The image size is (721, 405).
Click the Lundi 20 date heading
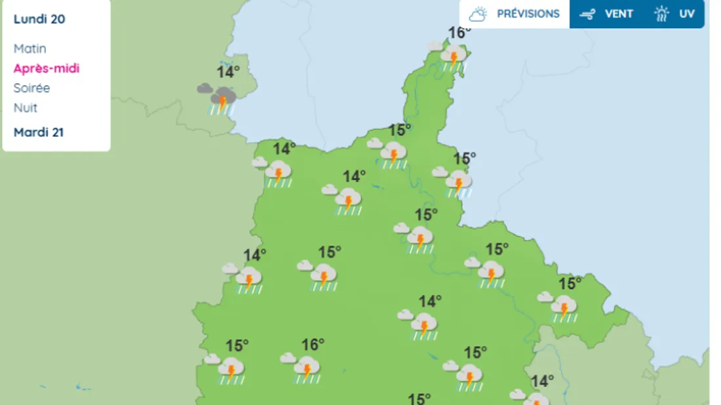click(39, 19)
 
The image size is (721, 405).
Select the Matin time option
click(30, 48)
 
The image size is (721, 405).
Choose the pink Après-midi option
click(47, 68)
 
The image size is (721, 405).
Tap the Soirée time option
click(31, 88)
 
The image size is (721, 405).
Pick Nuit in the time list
click(26, 107)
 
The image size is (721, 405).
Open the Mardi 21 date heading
click(39, 132)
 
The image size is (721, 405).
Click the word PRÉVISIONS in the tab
click(528, 14)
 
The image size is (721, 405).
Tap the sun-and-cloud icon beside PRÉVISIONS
click(478, 14)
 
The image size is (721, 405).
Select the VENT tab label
click(619, 14)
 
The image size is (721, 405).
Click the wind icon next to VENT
click(587, 14)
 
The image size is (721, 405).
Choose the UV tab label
click(686, 14)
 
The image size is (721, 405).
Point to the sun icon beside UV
click(662, 14)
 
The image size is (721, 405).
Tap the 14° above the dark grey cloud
click(228, 72)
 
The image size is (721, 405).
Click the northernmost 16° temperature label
click(459, 33)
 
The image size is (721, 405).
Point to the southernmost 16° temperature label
click(313, 344)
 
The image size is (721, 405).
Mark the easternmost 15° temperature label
click(570, 284)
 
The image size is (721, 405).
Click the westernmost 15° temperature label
click(237, 345)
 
